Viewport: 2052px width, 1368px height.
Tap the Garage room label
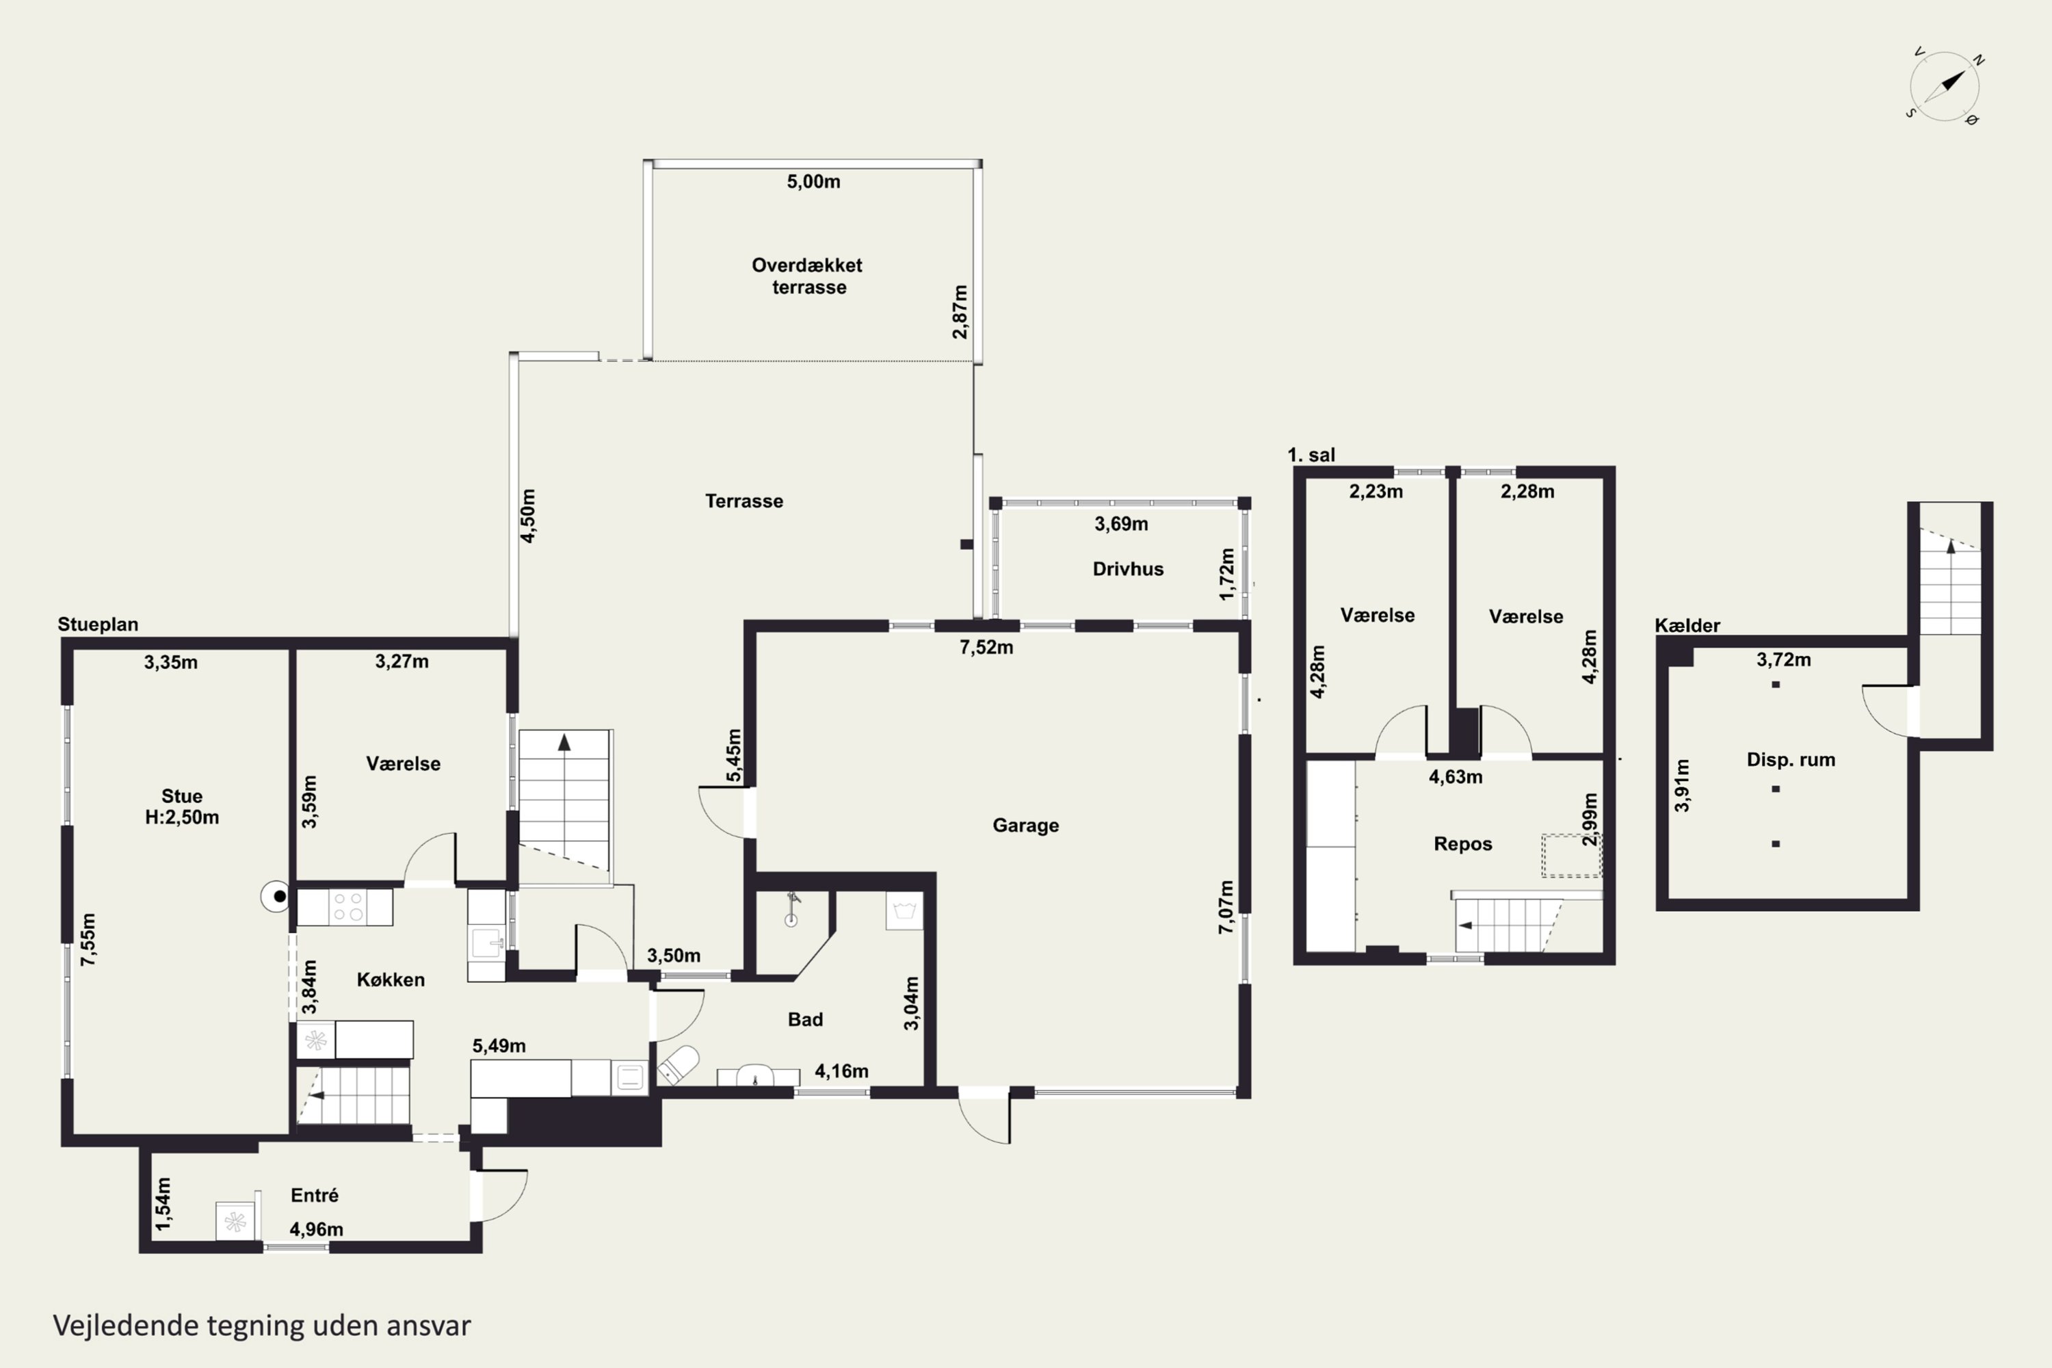[x=1026, y=826]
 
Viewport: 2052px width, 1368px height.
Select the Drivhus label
[x=1128, y=569]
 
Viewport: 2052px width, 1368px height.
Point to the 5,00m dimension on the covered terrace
[x=813, y=181]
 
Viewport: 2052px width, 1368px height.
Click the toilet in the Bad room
[x=678, y=1064]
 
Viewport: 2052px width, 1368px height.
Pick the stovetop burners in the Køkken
[x=348, y=906]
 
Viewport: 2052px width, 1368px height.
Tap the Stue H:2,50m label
[x=181, y=806]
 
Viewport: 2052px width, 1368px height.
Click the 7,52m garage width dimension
[x=986, y=647]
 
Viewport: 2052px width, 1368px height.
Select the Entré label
[x=314, y=1195]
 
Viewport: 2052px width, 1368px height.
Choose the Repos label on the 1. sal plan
[x=1463, y=843]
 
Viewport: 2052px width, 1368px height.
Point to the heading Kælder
[x=1687, y=626]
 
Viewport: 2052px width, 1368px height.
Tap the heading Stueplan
[x=98, y=624]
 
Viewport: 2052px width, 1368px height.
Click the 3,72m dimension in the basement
[x=1783, y=659]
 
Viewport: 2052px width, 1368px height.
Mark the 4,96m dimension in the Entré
[x=316, y=1229]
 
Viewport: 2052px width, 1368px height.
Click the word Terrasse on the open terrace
[x=744, y=501]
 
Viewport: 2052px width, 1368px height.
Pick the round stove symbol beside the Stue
[x=278, y=896]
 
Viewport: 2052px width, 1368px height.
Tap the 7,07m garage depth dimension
[x=1226, y=908]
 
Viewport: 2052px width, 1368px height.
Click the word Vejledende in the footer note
[x=126, y=1326]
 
